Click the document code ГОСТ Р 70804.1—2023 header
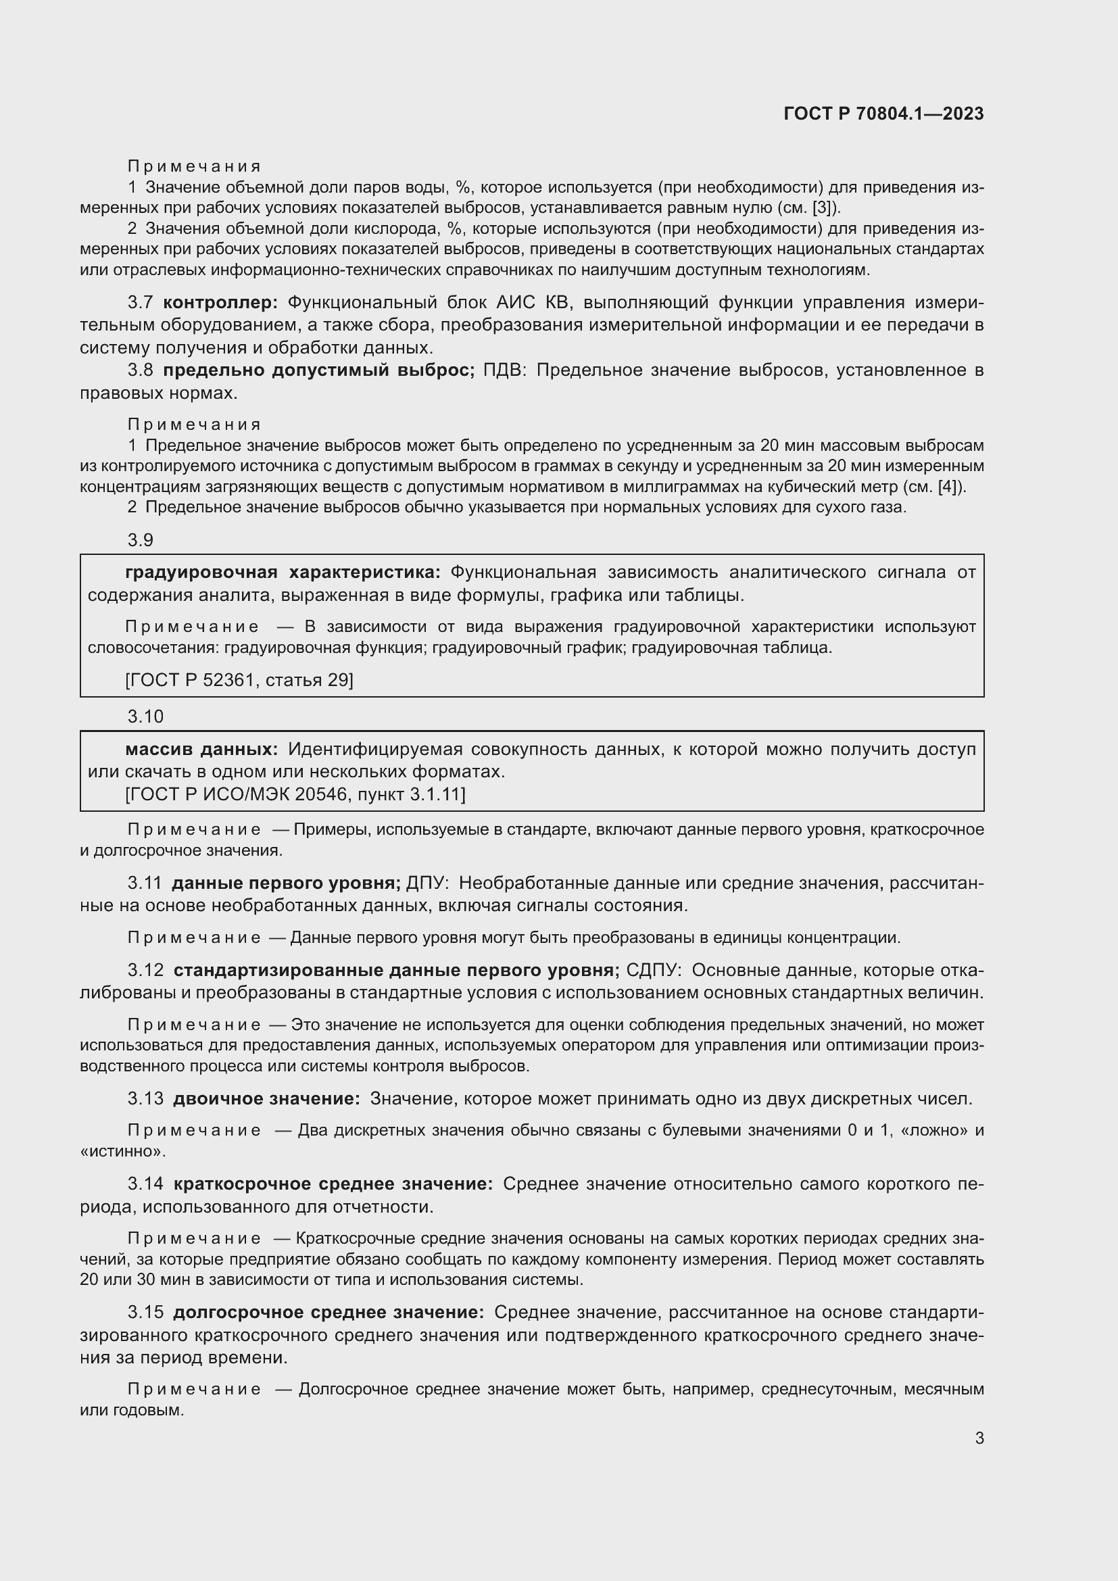(x=883, y=114)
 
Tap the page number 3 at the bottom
(x=979, y=1438)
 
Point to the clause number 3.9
(x=141, y=540)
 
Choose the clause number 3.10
(x=145, y=716)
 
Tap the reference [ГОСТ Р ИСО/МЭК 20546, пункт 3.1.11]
(x=295, y=795)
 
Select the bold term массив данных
(x=201, y=749)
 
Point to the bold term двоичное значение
(x=266, y=1098)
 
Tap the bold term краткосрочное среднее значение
(x=333, y=1184)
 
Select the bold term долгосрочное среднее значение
(x=329, y=1313)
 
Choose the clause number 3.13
(x=145, y=1098)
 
